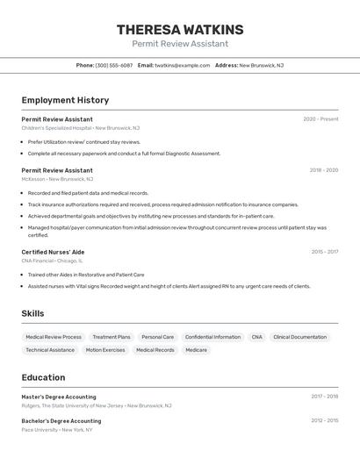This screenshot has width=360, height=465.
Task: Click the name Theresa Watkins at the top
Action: click(180, 30)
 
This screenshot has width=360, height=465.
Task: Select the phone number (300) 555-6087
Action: click(114, 65)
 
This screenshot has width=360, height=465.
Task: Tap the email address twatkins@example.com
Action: click(182, 65)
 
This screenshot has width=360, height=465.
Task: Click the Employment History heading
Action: click(65, 100)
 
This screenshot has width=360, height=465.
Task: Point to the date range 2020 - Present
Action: click(320, 119)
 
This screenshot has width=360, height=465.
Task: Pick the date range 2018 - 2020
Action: click(323, 170)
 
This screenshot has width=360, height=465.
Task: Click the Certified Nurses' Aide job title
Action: click(53, 252)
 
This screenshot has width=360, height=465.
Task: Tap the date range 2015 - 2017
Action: click(324, 252)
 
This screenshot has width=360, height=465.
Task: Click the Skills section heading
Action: click(32, 313)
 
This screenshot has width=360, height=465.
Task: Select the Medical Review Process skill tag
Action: click(54, 337)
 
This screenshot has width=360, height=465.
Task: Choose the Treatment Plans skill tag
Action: click(112, 337)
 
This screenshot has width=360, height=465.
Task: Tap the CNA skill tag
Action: click(256, 337)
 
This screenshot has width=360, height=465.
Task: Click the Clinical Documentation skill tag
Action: click(299, 337)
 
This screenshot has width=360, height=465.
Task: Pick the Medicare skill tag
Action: click(197, 350)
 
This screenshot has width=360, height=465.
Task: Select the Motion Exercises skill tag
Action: click(105, 350)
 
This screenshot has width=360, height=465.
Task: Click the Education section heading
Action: click(43, 377)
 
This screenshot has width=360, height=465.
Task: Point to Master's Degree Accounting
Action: click(59, 397)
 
